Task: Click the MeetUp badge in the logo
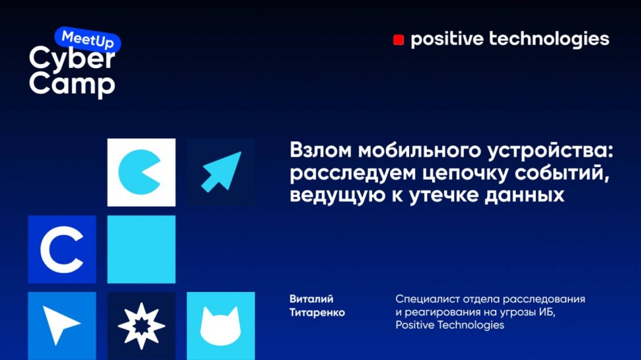click(x=87, y=39)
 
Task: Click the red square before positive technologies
click(x=398, y=40)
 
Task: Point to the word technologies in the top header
click(x=548, y=40)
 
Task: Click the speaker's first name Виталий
click(x=311, y=299)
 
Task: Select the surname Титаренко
click(x=317, y=312)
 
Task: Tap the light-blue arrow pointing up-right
click(x=221, y=172)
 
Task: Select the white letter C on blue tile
click(x=61, y=249)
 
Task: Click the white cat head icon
click(x=220, y=326)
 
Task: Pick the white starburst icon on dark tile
click(x=141, y=326)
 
